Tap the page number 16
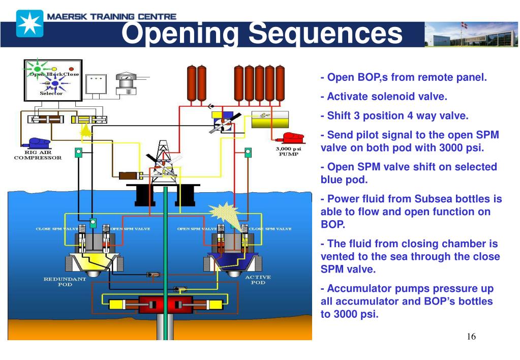pos(471,337)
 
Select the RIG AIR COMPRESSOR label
pos(38,155)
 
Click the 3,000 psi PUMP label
pos(288,152)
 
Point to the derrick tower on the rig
pos(163,158)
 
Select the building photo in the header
pos(471,35)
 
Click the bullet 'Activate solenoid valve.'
pos(384,97)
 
